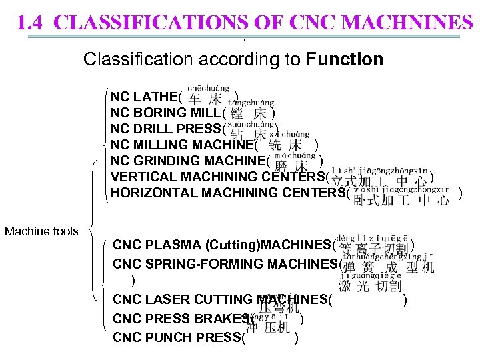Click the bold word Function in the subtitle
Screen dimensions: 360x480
tap(345, 59)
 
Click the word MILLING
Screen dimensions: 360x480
tap(164, 145)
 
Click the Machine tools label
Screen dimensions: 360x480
tap(41, 231)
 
